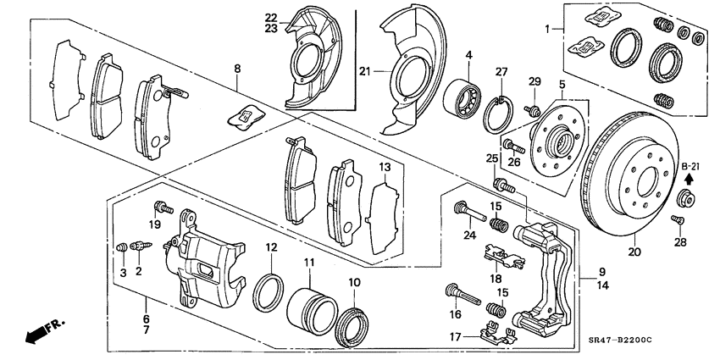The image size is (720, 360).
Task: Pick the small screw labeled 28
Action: tap(677, 222)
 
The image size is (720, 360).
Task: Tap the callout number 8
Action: tap(237, 68)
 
